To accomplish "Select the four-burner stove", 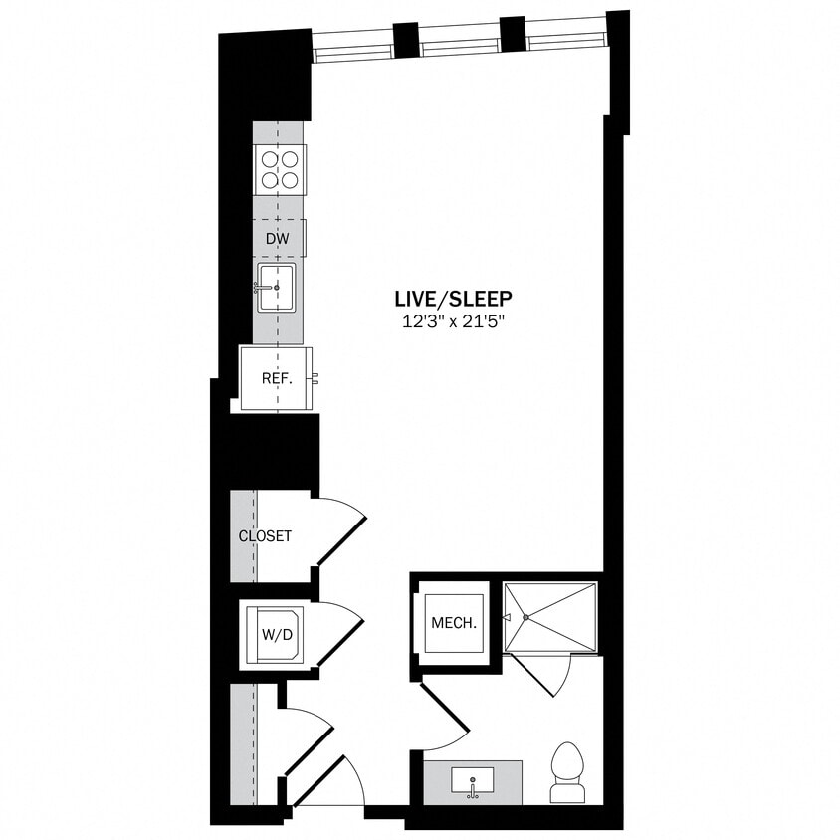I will (280, 168).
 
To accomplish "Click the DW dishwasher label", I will (278, 239).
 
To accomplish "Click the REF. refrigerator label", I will (276, 378).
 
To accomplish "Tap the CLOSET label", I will (265, 536).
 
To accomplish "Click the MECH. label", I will (454, 624).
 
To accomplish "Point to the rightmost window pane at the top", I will (564, 36).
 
